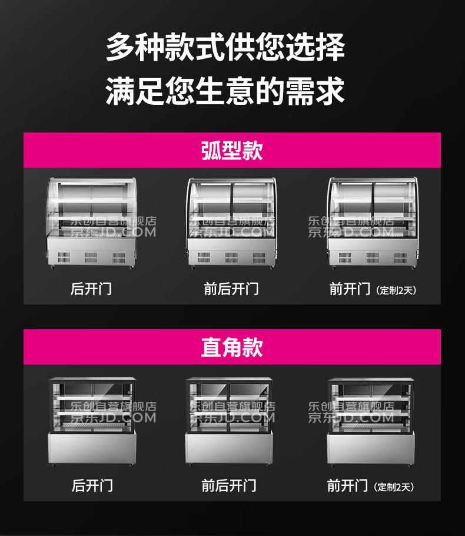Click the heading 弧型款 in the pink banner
point(232,150)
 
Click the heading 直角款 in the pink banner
point(232,347)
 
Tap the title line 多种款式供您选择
point(225,47)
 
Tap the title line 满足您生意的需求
point(225,91)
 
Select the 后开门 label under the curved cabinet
point(91,289)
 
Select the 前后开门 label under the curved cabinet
point(231,289)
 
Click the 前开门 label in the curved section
point(350,289)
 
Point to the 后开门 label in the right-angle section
point(92,485)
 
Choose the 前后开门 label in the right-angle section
point(229,485)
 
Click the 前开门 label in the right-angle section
point(347,485)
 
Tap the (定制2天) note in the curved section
point(396,290)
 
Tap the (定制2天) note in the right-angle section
point(394,487)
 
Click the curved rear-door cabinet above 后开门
point(91,223)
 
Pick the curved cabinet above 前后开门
point(232,223)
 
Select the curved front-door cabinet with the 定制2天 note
point(373,223)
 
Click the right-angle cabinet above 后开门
point(92,422)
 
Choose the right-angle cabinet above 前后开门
point(229,422)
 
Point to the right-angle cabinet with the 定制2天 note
point(371,422)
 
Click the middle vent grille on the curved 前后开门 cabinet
point(231,258)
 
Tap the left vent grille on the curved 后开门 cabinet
point(64,258)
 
